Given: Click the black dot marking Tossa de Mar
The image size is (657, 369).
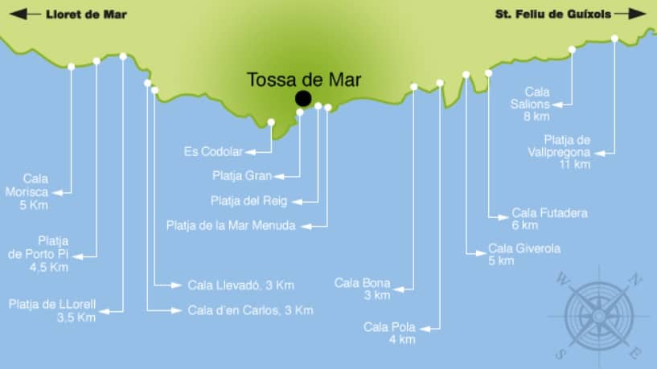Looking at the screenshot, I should [x=303, y=98].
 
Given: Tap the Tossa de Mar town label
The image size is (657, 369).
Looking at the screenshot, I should [x=304, y=80].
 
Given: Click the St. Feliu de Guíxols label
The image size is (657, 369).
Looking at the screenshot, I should [x=552, y=14].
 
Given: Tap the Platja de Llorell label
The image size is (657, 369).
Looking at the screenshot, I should [x=52, y=310].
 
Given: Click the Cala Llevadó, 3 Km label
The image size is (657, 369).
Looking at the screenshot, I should [x=240, y=285].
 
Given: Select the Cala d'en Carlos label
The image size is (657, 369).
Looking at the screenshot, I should [x=250, y=310].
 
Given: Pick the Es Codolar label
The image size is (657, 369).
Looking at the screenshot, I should [x=213, y=151].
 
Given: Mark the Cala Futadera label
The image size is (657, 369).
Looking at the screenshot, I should [x=549, y=219].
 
